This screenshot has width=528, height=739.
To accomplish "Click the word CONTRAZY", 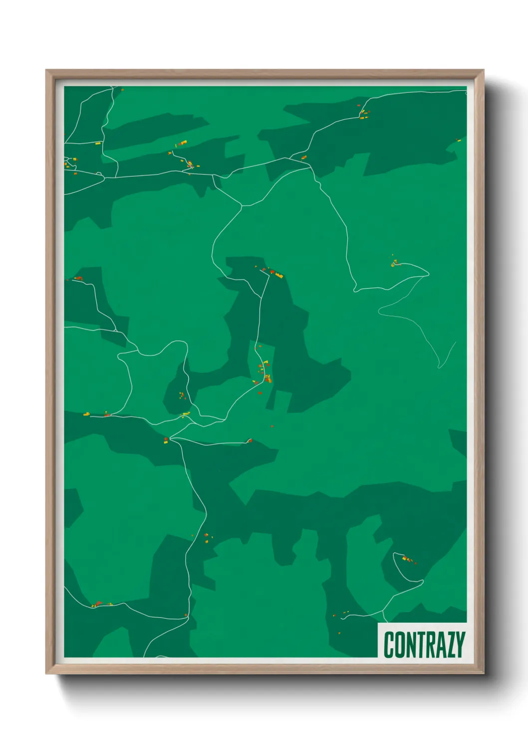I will point(424,644).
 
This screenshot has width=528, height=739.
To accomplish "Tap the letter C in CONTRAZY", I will point(389,645).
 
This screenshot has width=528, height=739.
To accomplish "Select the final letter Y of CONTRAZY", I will point(461,645).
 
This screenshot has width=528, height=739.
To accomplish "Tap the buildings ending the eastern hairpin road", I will point(395,262).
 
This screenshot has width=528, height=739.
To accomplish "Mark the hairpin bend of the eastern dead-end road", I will point(428,273).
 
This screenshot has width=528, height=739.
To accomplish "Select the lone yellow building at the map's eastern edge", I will point(457,140).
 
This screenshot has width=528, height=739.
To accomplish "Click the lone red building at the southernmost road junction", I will point(186,615).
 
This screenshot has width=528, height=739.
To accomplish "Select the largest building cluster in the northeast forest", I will point(363,113).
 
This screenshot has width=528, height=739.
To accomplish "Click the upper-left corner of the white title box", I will point(378,623).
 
